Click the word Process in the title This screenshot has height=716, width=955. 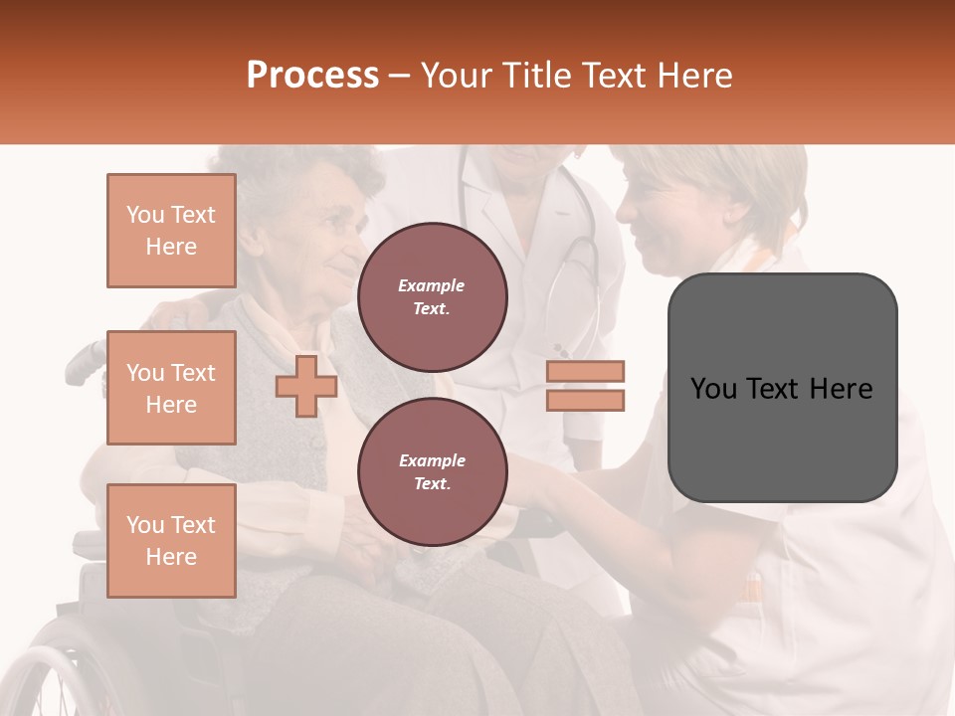[x=312, y=76]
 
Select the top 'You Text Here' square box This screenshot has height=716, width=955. [x=171, y=231]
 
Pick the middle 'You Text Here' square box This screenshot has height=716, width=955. [x=171, y=388]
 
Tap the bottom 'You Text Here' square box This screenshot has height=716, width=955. [x=171, y=540]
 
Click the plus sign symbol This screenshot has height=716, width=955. [x=306, y=387]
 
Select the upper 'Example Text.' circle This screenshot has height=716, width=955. [x=432, y=297]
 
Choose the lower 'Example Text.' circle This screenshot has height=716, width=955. [x=432, y=472]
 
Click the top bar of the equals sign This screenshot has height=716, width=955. [x=585, y=371]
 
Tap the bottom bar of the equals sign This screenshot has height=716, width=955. [x=585, y=401]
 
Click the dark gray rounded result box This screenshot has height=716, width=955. [x=782, y=388]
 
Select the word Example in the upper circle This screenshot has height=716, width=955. [x=432, y=285]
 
